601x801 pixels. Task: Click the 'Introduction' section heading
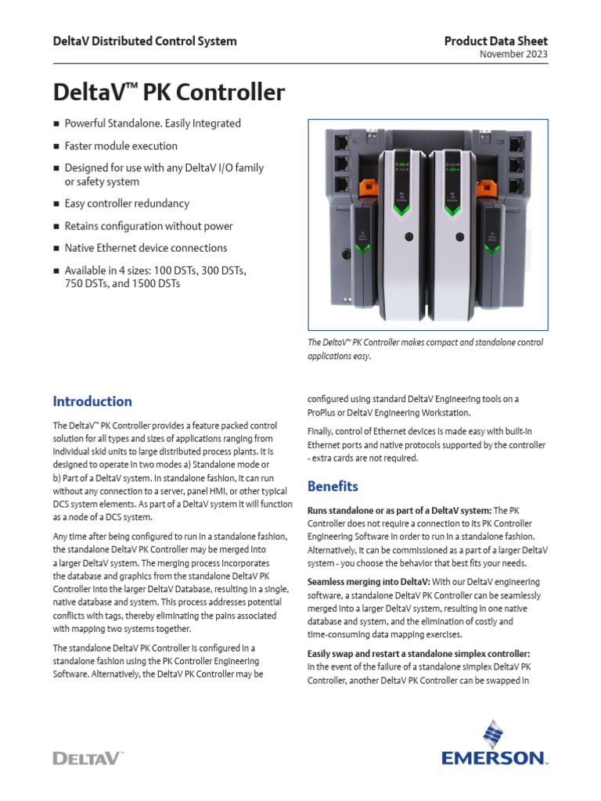pos(92,401)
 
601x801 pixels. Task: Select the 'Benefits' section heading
pos(333,486)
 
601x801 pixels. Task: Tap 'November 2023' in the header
pos(513,55)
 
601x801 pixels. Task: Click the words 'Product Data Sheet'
pos(495,41)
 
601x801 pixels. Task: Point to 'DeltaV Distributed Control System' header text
pos(144,41)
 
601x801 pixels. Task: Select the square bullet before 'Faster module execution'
pos(56,146)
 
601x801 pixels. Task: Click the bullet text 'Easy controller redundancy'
pos(127,203)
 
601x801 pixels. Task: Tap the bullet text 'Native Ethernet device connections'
pos(146,248)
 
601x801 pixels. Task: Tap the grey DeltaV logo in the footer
pos(88,757)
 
